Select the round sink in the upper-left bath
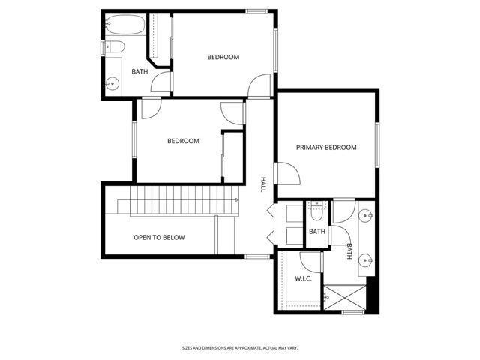point(113,83)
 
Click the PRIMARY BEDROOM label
point(325,148)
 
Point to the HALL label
point(263,184)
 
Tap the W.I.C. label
point(303,278)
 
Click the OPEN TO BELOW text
point(159,238)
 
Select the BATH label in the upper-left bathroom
point(139,72)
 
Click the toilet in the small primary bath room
point(317,211)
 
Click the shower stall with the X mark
point(346,298)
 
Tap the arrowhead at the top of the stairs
point(237,200)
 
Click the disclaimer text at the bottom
point(239,347)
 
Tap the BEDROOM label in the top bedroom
point(223,58)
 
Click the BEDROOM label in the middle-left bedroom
point(183,141)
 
